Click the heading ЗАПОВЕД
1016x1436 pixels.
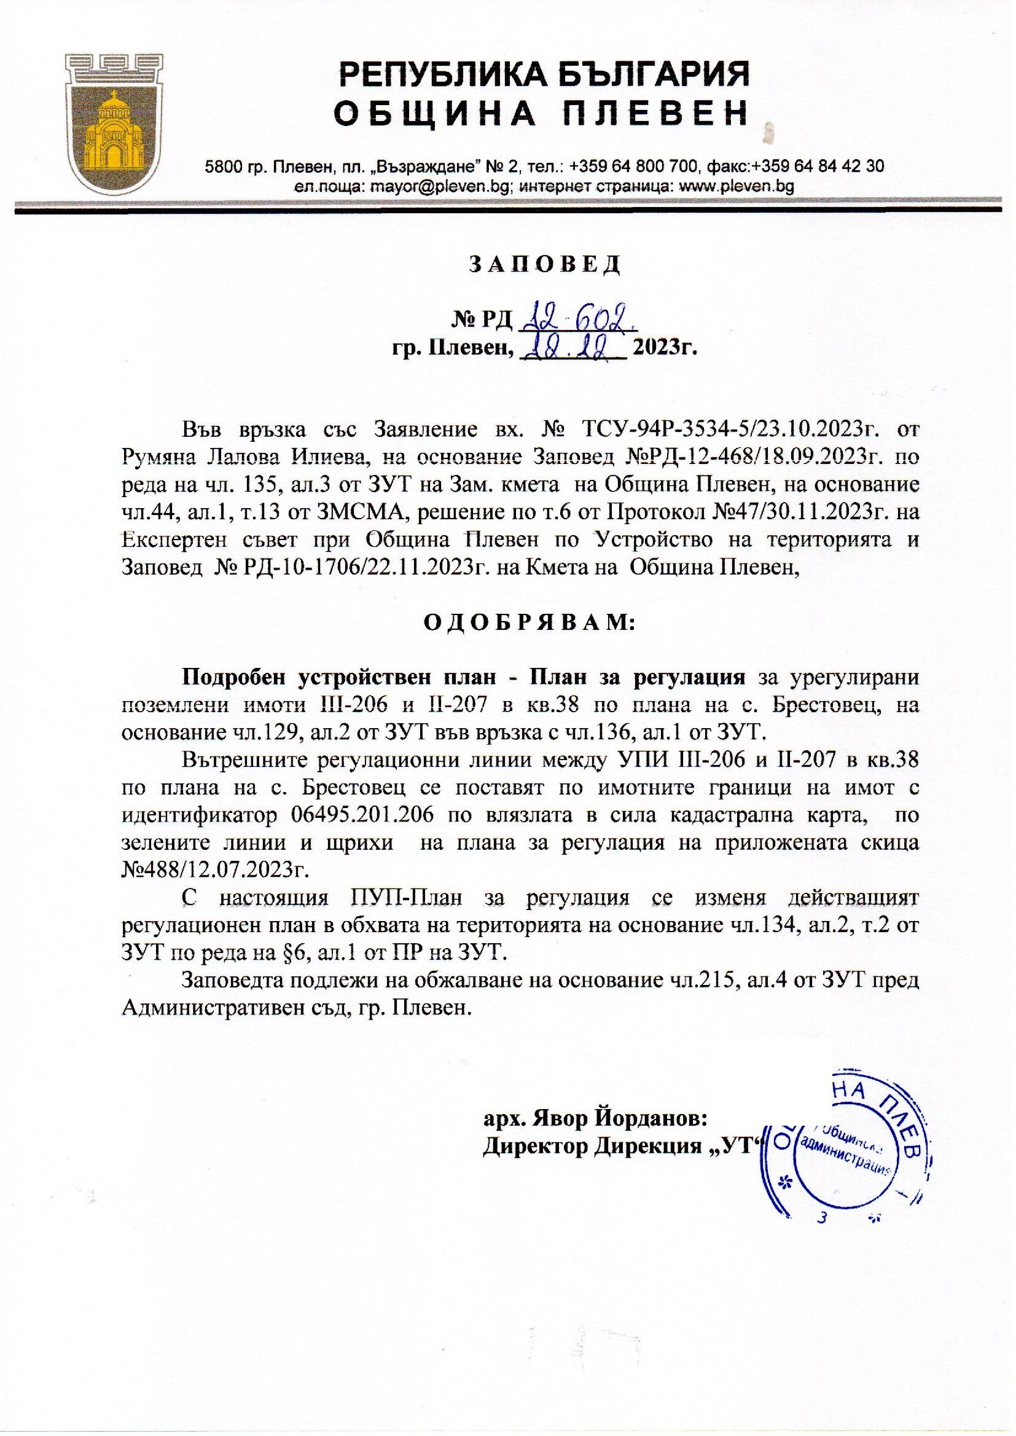pos(544,265)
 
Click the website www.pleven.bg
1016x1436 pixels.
pos(737,186)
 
